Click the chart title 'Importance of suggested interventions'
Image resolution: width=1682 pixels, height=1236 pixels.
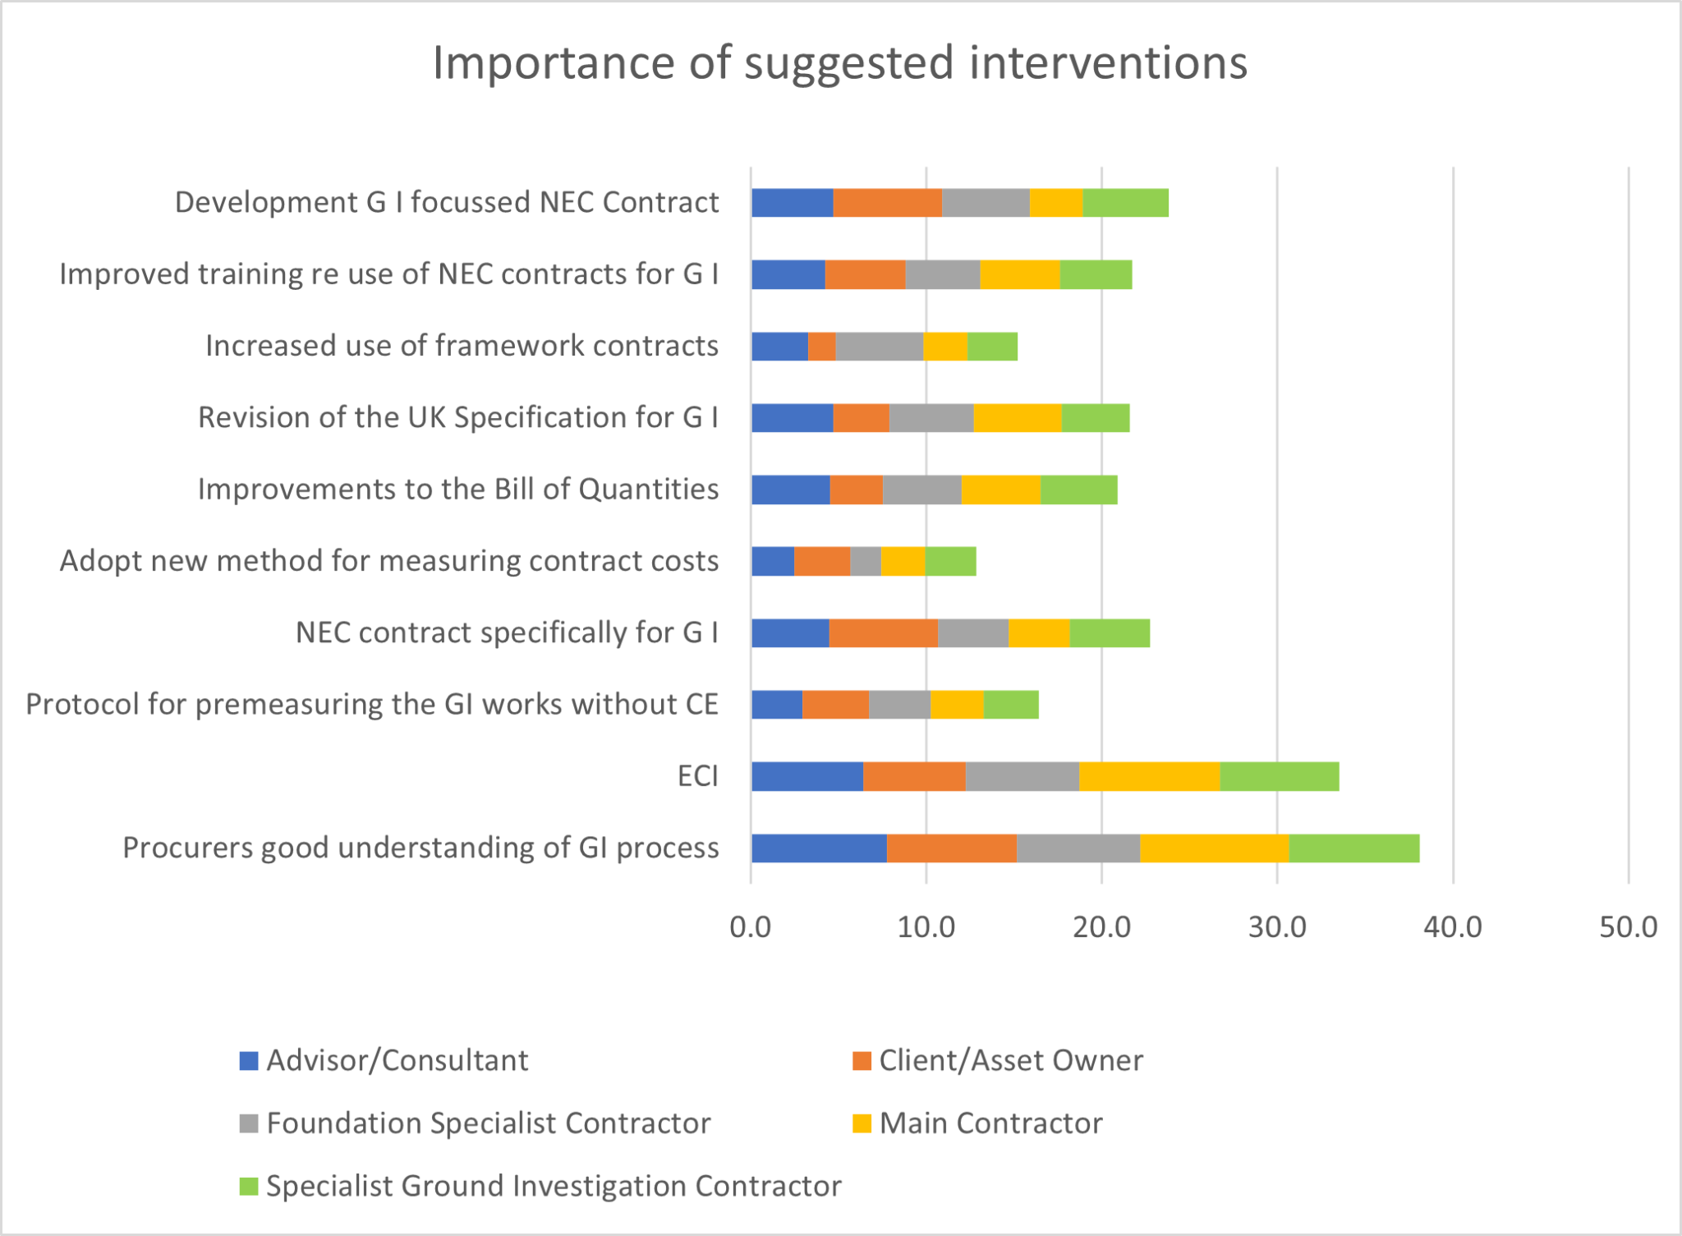(x=840, y=63)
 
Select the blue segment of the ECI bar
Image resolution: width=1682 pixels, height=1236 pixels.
(x=807, y=776)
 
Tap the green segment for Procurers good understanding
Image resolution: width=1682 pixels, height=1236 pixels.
(x=1354, y=848)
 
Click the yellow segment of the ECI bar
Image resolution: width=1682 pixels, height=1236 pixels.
(x=1150, y=776)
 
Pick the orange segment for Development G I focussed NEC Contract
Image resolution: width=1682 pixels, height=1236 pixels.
(x=888, y=202)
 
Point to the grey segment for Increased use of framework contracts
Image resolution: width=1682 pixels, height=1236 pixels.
(x=880, y=346)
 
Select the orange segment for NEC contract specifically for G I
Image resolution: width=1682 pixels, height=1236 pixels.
(x=884, y=632)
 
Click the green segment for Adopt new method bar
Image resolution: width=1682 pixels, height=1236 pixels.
(x=951, y=561)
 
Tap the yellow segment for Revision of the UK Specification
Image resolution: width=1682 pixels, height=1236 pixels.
(x=1018, y=417)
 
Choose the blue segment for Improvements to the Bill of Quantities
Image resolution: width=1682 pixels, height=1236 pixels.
(x=791, y=489)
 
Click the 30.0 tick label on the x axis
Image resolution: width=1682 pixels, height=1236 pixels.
(x=1277, y=927)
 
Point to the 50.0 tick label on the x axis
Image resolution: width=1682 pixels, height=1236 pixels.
(x=1629, y=927)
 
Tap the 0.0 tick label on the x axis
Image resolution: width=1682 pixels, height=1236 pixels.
(x=751, y=927)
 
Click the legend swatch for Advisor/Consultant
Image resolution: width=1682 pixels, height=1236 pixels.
(x=249, y=1060)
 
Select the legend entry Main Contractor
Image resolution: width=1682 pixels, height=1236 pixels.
(x=977, y=1123)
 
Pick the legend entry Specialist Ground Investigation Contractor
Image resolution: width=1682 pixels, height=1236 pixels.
(x=540, y=1186)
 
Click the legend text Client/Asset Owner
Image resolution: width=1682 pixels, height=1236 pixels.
(x=1011, y=1060)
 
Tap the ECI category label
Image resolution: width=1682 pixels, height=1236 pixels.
(x=698, y=776)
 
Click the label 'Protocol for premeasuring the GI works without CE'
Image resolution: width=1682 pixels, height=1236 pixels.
(x=372, y=705)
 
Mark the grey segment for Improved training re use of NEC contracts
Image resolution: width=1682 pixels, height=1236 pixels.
(x=943, y=274)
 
